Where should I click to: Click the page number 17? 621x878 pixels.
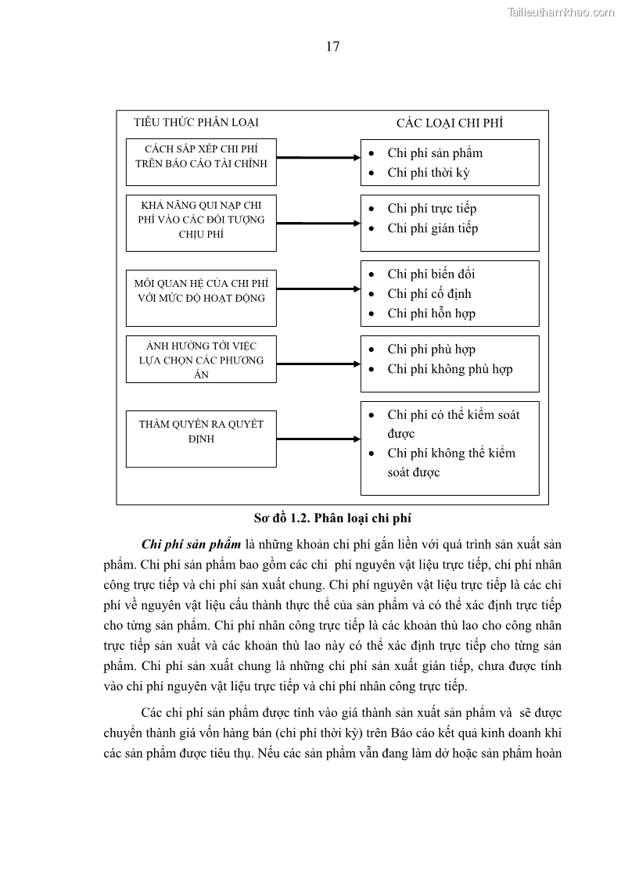[x=332, y=47]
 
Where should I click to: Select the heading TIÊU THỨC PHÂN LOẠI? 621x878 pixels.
[x=196, y=122]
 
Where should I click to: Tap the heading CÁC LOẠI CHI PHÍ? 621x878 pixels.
[x=450, y=123]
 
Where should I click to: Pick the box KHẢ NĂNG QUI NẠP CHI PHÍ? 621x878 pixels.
[x=201, y=223]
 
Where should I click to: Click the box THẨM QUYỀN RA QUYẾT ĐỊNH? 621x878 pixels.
[x=201, y=439]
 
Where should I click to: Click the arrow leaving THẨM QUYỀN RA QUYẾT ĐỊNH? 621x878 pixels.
[x=318, y=439]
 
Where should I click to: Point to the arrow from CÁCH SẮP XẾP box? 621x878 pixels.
[x=318, y=158]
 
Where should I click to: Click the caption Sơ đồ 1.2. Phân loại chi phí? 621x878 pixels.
[x=332, y=518]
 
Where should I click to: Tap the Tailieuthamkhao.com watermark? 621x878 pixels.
[x=561, y=12]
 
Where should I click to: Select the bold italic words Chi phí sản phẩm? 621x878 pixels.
[x=190, y=544]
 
